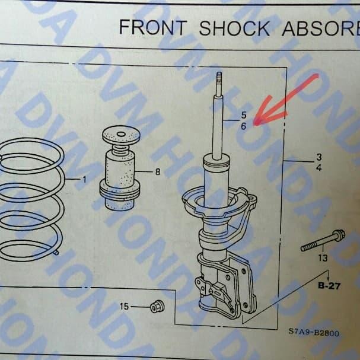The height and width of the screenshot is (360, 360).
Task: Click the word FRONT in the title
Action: coord(152,27)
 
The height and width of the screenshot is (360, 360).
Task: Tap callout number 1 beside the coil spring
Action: coord(84,179)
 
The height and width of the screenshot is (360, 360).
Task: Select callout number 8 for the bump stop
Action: coord(157,172)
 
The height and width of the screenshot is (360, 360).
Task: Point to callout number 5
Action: coord(243,114)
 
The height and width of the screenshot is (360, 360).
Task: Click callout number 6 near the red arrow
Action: coord(243,126)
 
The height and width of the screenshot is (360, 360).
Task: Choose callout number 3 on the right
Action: coord(318,157)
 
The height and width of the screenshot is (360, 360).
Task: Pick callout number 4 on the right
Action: coord(318,168)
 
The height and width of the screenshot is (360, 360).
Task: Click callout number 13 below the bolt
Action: coord(323,258)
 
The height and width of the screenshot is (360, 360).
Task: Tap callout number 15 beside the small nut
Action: coord(124,307)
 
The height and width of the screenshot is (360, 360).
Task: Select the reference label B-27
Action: coord(329,286)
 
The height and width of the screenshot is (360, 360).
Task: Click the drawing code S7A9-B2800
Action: coord(314,333)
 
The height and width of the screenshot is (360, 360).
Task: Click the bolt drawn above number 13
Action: coord(323,241)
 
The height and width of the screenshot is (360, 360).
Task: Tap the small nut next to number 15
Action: coord(157,307)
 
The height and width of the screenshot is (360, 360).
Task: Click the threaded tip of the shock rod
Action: coord(219,80)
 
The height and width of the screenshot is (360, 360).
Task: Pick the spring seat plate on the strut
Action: coord(219,205)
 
